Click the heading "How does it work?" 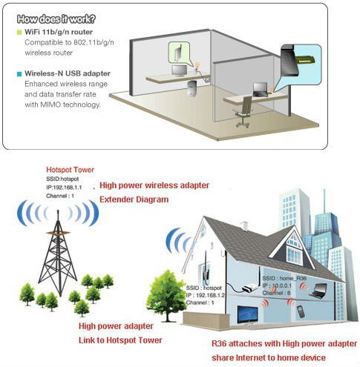coord(56,19)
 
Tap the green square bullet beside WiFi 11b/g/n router coord(19,33)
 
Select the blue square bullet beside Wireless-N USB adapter coord(19,74)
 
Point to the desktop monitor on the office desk coord(180,71)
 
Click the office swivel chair coord(243,112)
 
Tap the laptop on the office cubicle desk coord(261,90)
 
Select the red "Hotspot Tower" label coord(71,170)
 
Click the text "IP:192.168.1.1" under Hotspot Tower coord(64,188)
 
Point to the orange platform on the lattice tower coord(58,233)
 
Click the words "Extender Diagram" coord(134,199)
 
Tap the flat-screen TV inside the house coord(247,315)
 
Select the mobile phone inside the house coord(301,311)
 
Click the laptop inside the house coord(318,291)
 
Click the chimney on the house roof coord(244,226)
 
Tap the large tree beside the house coord(166,296)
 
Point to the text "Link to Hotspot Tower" coord(120,340)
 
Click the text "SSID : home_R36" coord(284,278)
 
